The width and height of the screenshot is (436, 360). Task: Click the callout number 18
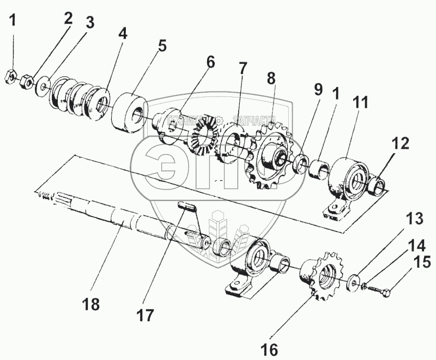[92, 304]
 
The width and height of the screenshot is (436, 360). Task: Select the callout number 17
[146, 314]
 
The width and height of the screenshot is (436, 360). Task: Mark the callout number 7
[242, 68]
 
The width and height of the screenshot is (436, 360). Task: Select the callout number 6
[210, 62]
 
